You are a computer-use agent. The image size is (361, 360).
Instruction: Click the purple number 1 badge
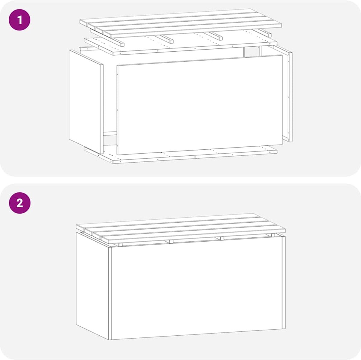point(20,20)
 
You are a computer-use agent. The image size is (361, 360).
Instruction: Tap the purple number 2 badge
point(20,203)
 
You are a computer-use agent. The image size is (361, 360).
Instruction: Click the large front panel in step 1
point(199,105)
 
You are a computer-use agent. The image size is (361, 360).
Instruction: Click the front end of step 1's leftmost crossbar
point(122,44)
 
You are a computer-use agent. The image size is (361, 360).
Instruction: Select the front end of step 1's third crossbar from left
point(220,38)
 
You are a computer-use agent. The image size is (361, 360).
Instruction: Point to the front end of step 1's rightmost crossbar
point(269,35)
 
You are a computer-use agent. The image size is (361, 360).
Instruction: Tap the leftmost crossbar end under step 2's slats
point(120,245)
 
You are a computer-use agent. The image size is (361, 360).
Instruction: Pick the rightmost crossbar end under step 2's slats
point(273,235)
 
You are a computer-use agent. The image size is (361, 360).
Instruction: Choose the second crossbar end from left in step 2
point(171,242)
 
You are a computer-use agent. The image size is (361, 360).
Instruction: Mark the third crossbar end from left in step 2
point(222,238)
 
